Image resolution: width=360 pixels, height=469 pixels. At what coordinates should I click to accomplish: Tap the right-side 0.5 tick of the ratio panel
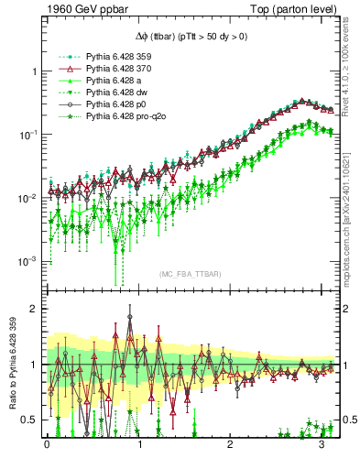348,420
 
